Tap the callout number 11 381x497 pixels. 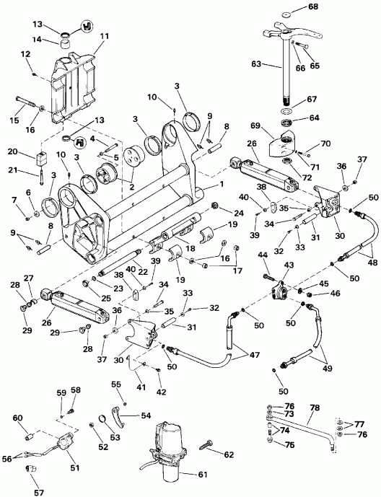pyautogui.click(x=105, y=35)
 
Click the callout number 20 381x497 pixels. pyautogui.click(x=12, y=151)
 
